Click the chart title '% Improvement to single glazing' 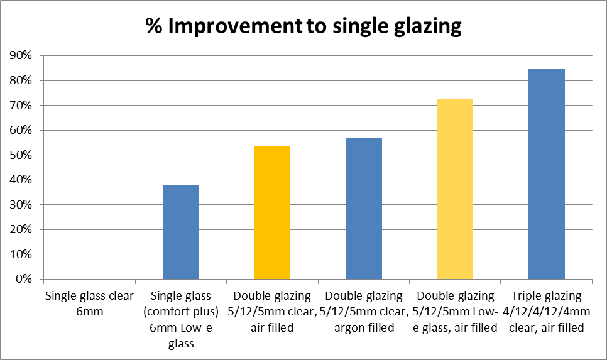click(303, 26)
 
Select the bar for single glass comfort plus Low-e click(181, 232)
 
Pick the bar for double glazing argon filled click(364, 208)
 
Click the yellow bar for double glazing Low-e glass click(455, 189)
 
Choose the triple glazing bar click(546, 174)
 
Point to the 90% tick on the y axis click(21, 56)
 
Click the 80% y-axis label click(21, 80)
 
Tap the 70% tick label click(21, 106)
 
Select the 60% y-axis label click(21, 130)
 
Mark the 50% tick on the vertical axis click(21, 155)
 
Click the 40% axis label click(21, 180)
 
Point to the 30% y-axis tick click(21, 205)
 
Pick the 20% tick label click(21, 229)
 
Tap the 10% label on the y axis click(21, 254)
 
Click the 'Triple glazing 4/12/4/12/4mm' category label click(546, 311)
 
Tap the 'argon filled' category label click(364, 311)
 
